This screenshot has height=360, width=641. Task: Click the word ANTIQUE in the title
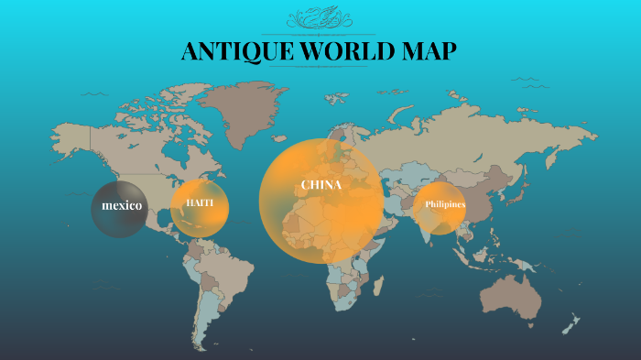232,51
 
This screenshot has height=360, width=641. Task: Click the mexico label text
121,205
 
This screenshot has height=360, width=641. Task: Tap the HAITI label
200,202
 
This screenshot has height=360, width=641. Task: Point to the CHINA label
320,185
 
